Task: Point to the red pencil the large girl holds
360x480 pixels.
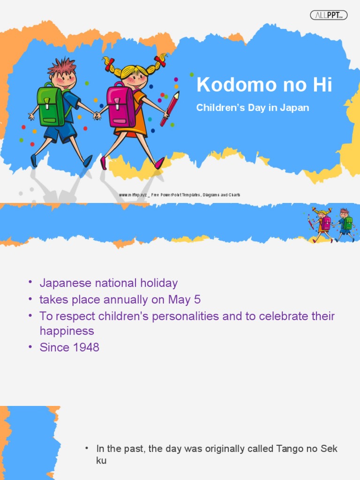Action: [x=170, y=109]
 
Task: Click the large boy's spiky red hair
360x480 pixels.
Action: [x=62, y=67]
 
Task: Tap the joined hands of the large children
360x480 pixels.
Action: [x=97, y=115]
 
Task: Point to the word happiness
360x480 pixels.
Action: [x=67, y=331]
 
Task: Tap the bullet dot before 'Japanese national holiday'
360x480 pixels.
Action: [x=30, y=282]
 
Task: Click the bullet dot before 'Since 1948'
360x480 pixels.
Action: [x=30, y=347]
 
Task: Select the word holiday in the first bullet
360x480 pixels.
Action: [x=159, y=283]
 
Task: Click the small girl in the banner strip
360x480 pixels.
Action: [x=322, y=224]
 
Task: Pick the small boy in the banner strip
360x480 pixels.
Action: [x=345, y=224]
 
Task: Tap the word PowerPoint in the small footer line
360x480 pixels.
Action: [x=174, y=195]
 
